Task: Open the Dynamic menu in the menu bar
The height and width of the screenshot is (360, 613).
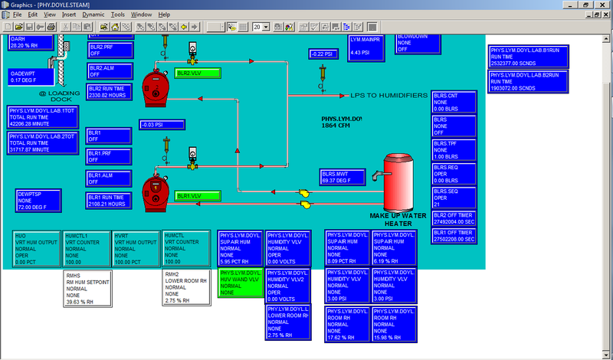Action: (93, 15)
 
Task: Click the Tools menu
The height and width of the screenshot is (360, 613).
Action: (117, 15)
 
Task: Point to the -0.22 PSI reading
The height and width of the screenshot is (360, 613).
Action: (324, 54)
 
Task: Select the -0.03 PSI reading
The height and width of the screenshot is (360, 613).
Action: (156, 125)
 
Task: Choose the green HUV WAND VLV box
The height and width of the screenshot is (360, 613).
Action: (241, 283)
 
